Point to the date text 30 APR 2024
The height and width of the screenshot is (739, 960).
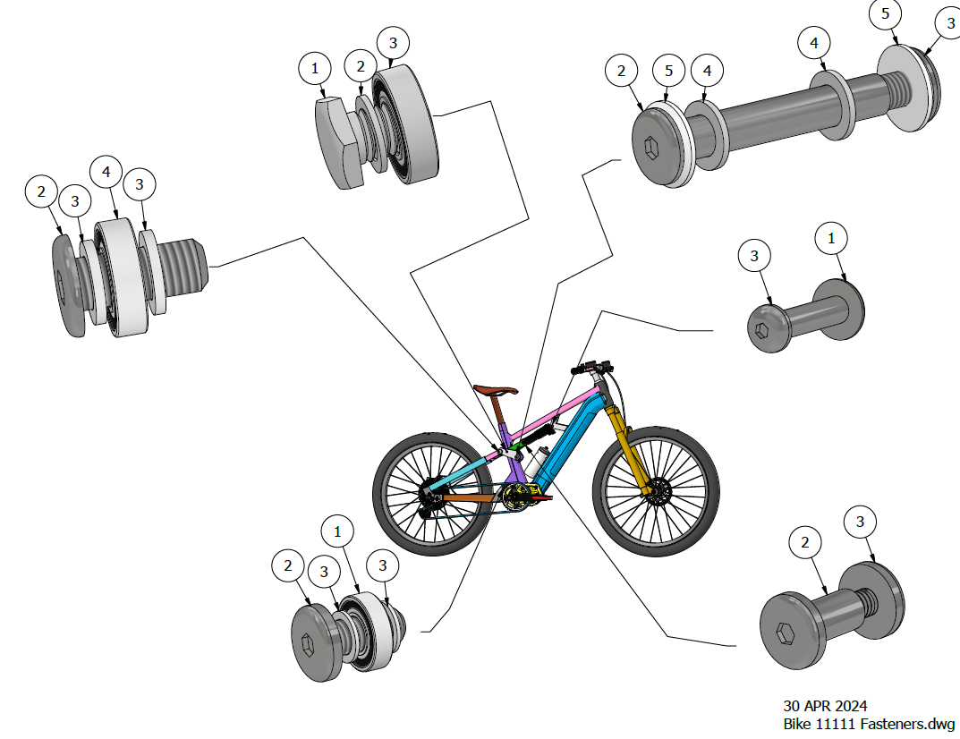825,706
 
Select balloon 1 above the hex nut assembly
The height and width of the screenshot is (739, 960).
314,67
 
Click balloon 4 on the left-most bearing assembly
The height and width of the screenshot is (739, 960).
106,170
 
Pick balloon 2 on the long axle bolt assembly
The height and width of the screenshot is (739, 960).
622,70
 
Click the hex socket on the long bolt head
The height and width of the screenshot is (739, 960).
651,147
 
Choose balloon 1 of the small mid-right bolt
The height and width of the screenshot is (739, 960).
831,239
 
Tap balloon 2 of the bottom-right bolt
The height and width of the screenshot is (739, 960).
805,542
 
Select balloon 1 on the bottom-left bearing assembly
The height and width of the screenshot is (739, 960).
337,531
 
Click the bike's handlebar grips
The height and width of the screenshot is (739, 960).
588,367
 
